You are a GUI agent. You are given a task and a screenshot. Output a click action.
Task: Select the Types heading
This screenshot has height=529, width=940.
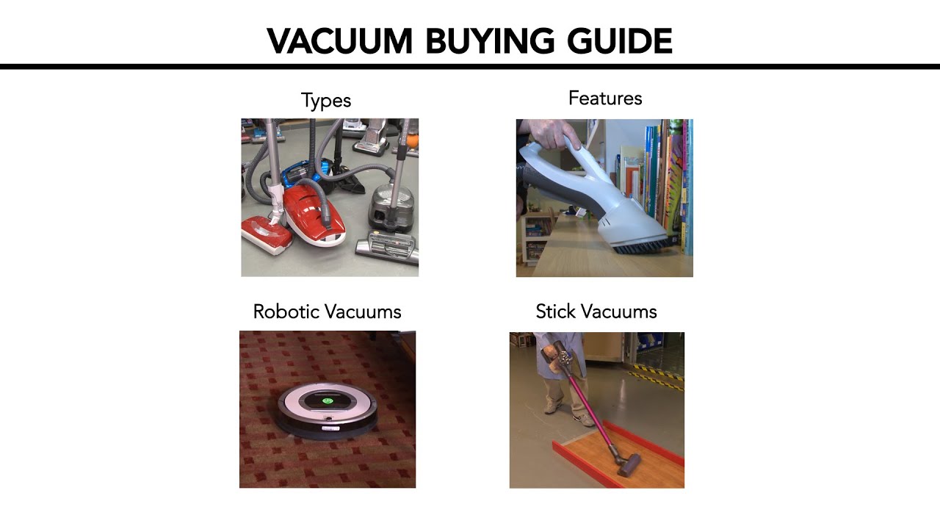click(326, 101)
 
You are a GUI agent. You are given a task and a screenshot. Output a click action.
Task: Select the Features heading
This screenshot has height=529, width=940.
click(605, 98)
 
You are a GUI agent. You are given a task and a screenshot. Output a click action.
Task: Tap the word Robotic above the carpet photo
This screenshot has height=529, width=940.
click(286, 312)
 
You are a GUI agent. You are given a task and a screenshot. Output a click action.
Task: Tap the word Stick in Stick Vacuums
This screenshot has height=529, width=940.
click(553, 312)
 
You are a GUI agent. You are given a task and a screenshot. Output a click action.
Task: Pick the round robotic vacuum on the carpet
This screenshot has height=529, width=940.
click(328, 408)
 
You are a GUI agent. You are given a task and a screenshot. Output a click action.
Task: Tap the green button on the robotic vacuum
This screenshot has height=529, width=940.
click(328, 401)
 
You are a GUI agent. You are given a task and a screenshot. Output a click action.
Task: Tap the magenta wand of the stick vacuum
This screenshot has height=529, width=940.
click(587, 411)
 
